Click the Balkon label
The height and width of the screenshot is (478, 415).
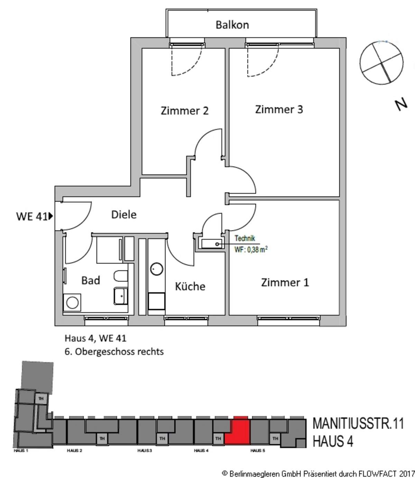coord(232,25)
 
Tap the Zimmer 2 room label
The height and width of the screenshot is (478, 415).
coord(185,111)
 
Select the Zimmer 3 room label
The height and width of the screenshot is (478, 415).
coord(279,109)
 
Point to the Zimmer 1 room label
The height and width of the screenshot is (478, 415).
coord(285,282)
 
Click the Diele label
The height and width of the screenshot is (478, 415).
coord(124,215)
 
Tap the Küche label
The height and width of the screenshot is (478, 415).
coord(190,286)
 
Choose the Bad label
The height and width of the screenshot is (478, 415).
coord(91,280)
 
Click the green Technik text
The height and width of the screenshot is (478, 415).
coord(245,238)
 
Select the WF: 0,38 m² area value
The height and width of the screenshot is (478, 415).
coord(251,250)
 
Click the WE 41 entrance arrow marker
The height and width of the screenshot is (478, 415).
coord(51,216)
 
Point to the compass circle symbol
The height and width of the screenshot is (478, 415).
coord(381,62)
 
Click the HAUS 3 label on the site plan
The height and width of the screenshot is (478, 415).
coord(145,450)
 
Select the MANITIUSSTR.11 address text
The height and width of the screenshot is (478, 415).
coord(358,424)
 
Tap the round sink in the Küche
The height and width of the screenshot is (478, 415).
coord(157,269)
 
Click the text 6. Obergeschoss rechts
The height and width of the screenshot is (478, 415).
coord(114,352)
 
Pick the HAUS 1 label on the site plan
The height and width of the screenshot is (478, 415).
coord(21,450)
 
